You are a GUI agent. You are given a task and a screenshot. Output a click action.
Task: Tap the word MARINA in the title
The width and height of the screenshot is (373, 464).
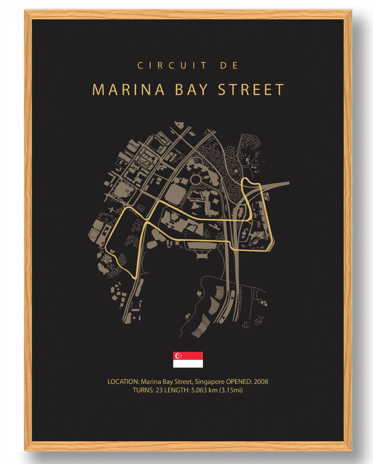pyautogui.click(x=128, y=90)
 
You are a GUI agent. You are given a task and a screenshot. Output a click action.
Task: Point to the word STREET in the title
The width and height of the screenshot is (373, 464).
pyautogui.click(x=251, y=90)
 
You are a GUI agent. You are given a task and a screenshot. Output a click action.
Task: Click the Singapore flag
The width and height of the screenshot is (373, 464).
pyautogui.click(x=188, y=359)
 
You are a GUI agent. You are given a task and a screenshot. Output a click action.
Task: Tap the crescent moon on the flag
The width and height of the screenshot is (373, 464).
pyautogui.click(x=178, y=356)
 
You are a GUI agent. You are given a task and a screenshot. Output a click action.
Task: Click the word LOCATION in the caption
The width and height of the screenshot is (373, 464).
pyautogui.click(x=123, y=382)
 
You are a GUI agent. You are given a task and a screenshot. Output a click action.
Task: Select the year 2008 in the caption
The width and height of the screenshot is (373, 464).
pyautogui.click(x=261, y=382)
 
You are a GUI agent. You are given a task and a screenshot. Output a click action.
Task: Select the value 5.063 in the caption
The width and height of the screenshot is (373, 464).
pyautogui.click(x=199, y=390)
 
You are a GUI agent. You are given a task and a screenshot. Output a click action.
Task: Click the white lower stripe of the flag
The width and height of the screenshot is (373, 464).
pyautogui.click(x=188, y=364)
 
